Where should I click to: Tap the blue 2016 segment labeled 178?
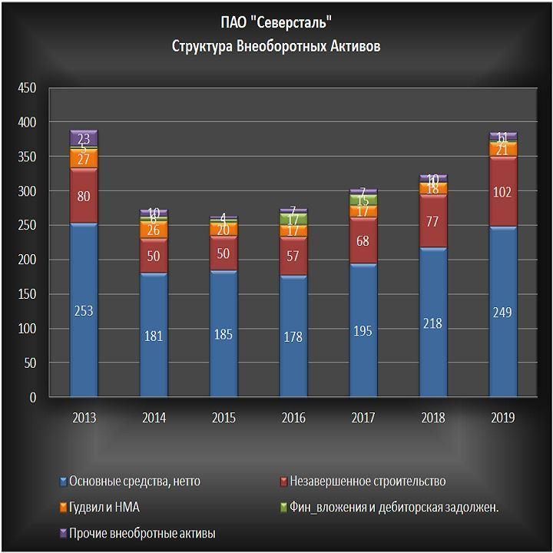coord(293,336)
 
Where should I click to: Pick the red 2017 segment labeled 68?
coord(363,240)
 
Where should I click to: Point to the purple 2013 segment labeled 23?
coord(83,138)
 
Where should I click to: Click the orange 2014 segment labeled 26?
coord(153,230)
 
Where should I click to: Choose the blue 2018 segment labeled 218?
coord(433,322)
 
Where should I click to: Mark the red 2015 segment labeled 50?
coord(223,253)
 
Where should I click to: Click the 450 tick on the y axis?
coord(27,88)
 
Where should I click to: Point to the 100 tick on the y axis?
coord(27,329)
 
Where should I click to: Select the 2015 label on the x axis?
coord(223,418)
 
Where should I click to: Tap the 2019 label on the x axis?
coord(503,418)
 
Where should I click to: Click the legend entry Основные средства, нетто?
coord(134,482)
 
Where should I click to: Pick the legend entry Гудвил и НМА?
coord(104,507)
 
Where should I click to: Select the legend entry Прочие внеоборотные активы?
coord(142,533)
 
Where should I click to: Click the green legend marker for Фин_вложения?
coord(283,508)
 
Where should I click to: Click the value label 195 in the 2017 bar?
coord(363,329)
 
